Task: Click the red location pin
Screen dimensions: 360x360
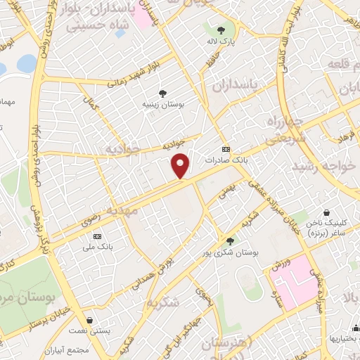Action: (x=181, y=165)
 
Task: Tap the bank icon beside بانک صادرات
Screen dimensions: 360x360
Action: (x=225, y=149)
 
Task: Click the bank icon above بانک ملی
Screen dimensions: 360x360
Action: (x=97, y=236)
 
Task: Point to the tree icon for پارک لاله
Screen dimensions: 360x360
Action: (x=221, y=30)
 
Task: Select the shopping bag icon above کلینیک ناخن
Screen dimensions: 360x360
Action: (x=326, y=212)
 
